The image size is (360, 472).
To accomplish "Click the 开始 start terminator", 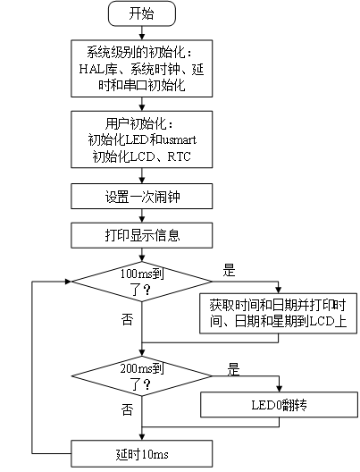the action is coord(142,13).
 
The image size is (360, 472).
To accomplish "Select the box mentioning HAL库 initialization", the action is coord(142,68).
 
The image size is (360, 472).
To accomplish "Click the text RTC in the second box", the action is coord(179,156).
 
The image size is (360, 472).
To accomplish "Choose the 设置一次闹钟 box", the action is coord(142,197).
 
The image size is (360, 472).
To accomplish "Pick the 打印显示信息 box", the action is coord(142,235).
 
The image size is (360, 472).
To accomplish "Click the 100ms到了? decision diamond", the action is coord(142,282).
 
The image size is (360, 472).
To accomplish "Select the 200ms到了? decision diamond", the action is coord(142,376).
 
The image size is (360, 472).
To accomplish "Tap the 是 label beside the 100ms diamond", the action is coord(229,270).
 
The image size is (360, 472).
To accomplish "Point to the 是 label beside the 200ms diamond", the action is coord(233,369).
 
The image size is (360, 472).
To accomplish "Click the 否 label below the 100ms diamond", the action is coord(127,319).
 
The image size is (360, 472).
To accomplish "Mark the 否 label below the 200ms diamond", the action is coord(127,409).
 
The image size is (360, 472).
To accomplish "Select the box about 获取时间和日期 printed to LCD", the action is coord(278,314).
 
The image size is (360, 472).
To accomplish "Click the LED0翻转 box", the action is coord(279,405).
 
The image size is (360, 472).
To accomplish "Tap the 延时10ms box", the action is coord(142,454).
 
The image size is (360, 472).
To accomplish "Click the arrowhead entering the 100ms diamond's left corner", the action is coord(68,282).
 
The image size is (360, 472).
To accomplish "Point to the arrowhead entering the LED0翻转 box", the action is coord(279,389).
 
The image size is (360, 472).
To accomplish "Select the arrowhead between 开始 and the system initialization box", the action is coord(142,37).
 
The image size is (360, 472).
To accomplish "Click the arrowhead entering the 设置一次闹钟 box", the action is coord(142,181).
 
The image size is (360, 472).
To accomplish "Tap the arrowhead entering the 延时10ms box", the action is coord(142,437).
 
